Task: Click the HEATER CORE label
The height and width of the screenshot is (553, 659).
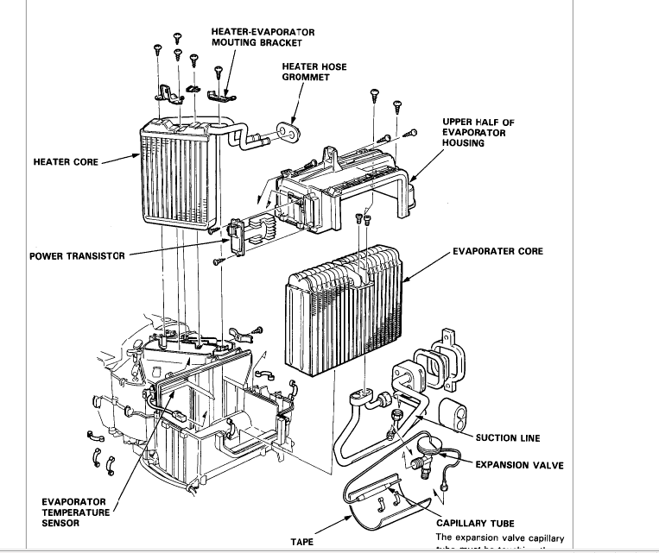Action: click(65, 161)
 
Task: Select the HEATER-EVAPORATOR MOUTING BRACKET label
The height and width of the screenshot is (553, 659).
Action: click(263, 37)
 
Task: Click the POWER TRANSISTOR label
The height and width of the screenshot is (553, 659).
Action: click(76, 256)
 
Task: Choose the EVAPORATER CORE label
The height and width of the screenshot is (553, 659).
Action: click(497, 252)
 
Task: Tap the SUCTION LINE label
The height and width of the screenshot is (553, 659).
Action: click(508, 438)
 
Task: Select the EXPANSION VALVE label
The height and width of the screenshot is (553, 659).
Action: click(519, 465)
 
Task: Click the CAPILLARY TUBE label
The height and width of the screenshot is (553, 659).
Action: click(475, 523)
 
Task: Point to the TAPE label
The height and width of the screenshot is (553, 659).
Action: click(301, 543)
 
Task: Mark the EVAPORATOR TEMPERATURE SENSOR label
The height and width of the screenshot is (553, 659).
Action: click(73, 512)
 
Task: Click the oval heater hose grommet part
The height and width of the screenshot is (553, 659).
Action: click(287, 131)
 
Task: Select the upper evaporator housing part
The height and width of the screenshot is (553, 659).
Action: click(345, 181)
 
